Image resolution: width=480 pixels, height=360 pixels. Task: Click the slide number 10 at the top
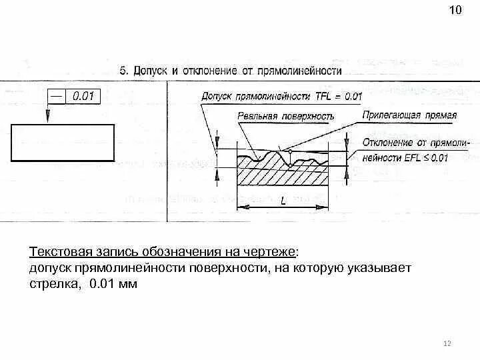455,11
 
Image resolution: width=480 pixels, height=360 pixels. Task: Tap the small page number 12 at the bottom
447,343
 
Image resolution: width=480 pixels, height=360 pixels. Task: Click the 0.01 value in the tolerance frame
83,97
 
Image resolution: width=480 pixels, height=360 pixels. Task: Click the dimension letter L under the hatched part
283,201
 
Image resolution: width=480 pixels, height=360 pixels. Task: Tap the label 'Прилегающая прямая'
409,115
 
